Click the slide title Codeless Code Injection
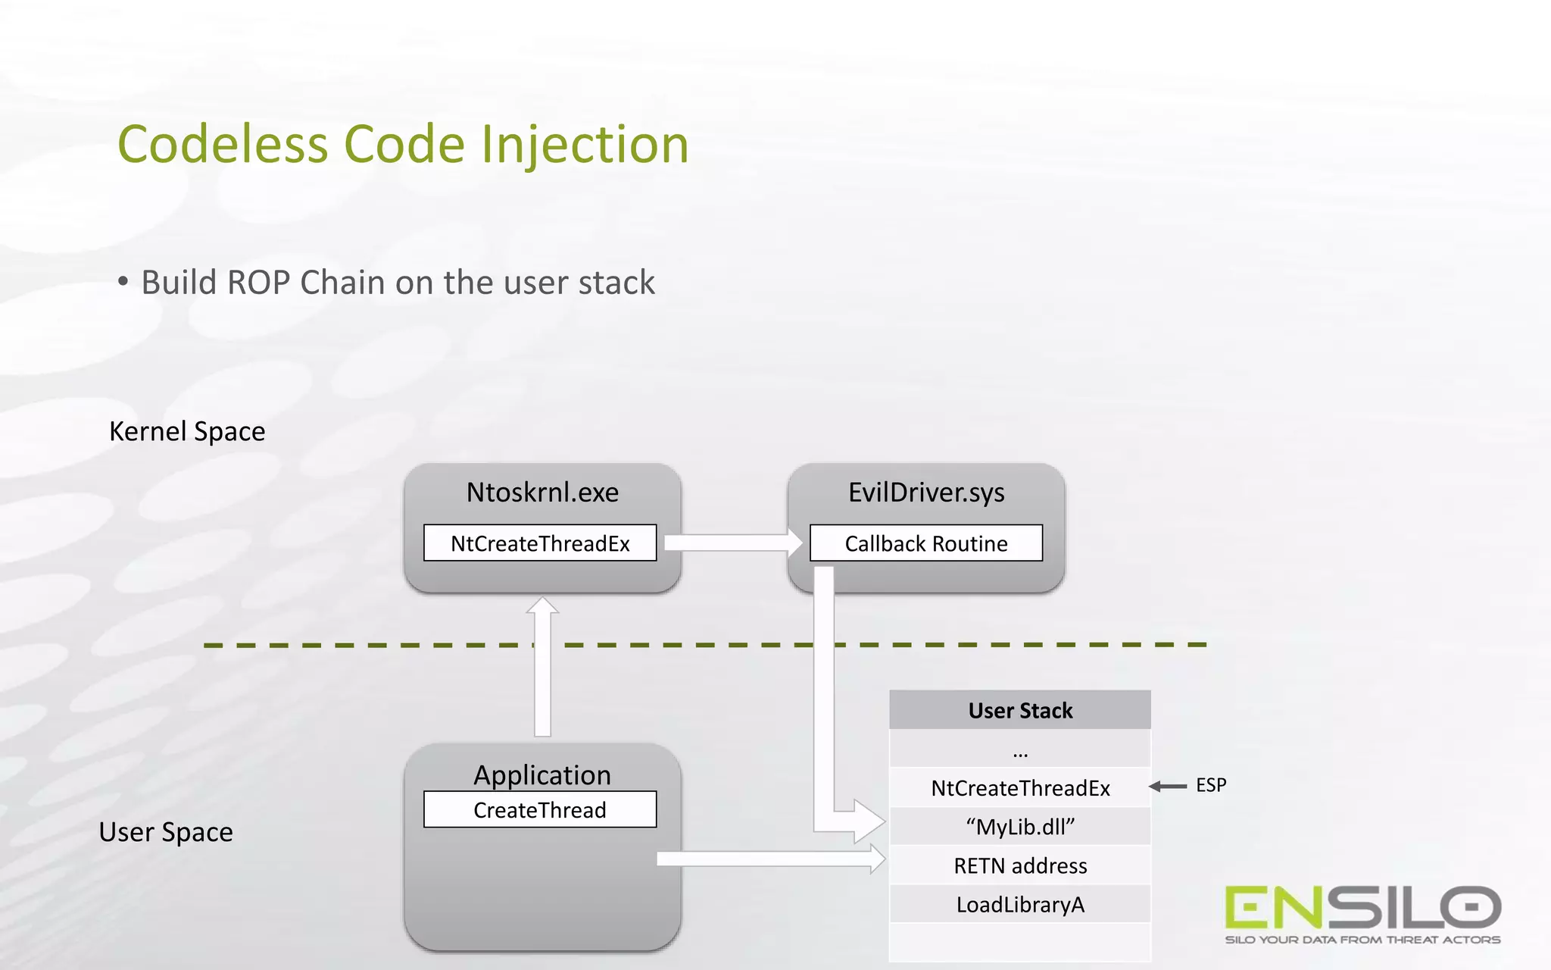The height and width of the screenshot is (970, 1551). [x=403, y=144]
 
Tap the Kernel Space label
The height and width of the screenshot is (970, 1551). [x=187, y=431]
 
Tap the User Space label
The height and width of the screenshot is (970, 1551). [x=166, y=832]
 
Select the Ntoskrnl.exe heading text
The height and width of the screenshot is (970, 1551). [x=542, y=493]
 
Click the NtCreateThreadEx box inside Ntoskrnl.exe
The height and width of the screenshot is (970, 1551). [x=540, y=543]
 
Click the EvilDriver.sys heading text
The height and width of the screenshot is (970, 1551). [x=925, y=493]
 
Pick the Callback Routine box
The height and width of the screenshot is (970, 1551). [x=925, y=543]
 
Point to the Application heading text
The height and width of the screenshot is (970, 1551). [x=542, y=774]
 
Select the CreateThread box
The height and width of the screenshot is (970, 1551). [x=540, y=810]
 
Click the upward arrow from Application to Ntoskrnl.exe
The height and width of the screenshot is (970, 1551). [x=542, y=667]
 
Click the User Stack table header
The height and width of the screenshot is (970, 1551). [x=1019, y=710]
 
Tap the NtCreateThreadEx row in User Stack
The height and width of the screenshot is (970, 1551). [x=1019, y=788]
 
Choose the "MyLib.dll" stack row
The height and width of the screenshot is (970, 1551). [x=1019, y=827]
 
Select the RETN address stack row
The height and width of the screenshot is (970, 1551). [x=1019, y=865]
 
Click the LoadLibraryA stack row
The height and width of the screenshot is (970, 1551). [x=1019, y=905]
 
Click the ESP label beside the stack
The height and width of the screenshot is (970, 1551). [x=1210, y=785]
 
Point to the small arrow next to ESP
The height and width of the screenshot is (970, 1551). [x=1168, y=787]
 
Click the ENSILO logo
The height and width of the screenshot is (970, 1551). [x=1362, y=913]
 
